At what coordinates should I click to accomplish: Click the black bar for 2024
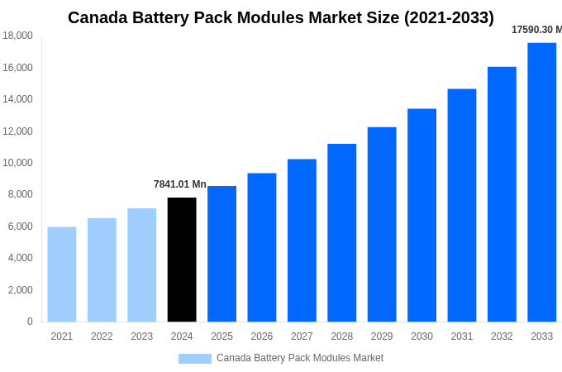[x=182, y=260]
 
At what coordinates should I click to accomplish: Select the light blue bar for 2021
[x=62, y=274]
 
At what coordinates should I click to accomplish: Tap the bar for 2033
[x=541, y=182]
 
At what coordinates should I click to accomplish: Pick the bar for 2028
[x=341, y=233]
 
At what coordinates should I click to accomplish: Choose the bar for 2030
[x=421, y=215]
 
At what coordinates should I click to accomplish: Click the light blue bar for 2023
[x=141, y=265]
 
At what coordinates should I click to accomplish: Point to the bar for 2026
[x=262, y=247]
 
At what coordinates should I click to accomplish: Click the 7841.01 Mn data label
[x=180, y=184]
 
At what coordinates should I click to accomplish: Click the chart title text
[x=281, y=17]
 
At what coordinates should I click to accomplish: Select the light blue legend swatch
[x=195, y=359]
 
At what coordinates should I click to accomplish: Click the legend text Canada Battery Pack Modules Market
[x=300, y=358]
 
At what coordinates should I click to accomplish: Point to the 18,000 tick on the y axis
[x=18, y=36]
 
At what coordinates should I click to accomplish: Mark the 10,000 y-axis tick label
[x=18, y=163]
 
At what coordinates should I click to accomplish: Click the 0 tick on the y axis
[x=30, y=322]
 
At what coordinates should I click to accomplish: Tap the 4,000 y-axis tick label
[x=18, y=258]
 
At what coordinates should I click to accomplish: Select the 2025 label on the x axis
[x=221, y=336]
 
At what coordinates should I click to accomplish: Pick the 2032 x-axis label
[x=502, y=336]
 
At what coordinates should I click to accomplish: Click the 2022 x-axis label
[x=102, y=336]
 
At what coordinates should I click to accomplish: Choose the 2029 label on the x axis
[x=382, y=336]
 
